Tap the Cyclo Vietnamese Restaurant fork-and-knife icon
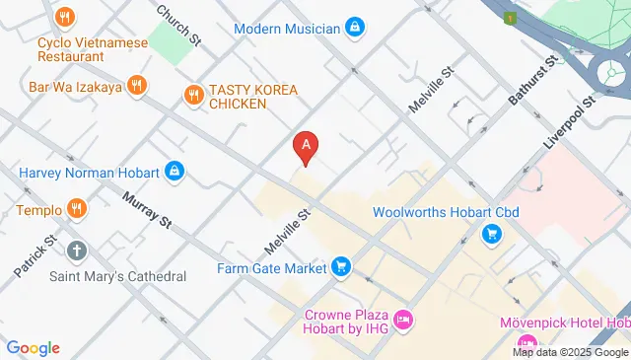coord(65,17)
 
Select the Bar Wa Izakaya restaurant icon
coord(138,86)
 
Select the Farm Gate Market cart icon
coord(341,266)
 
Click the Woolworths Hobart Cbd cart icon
coord(491,234)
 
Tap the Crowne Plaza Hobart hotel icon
coord(402,320)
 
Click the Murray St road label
coord(148,213)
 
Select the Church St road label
coord(181,24)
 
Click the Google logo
coord(34,347)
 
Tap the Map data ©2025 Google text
coord(571,352)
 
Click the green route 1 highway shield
coord(510,18)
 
